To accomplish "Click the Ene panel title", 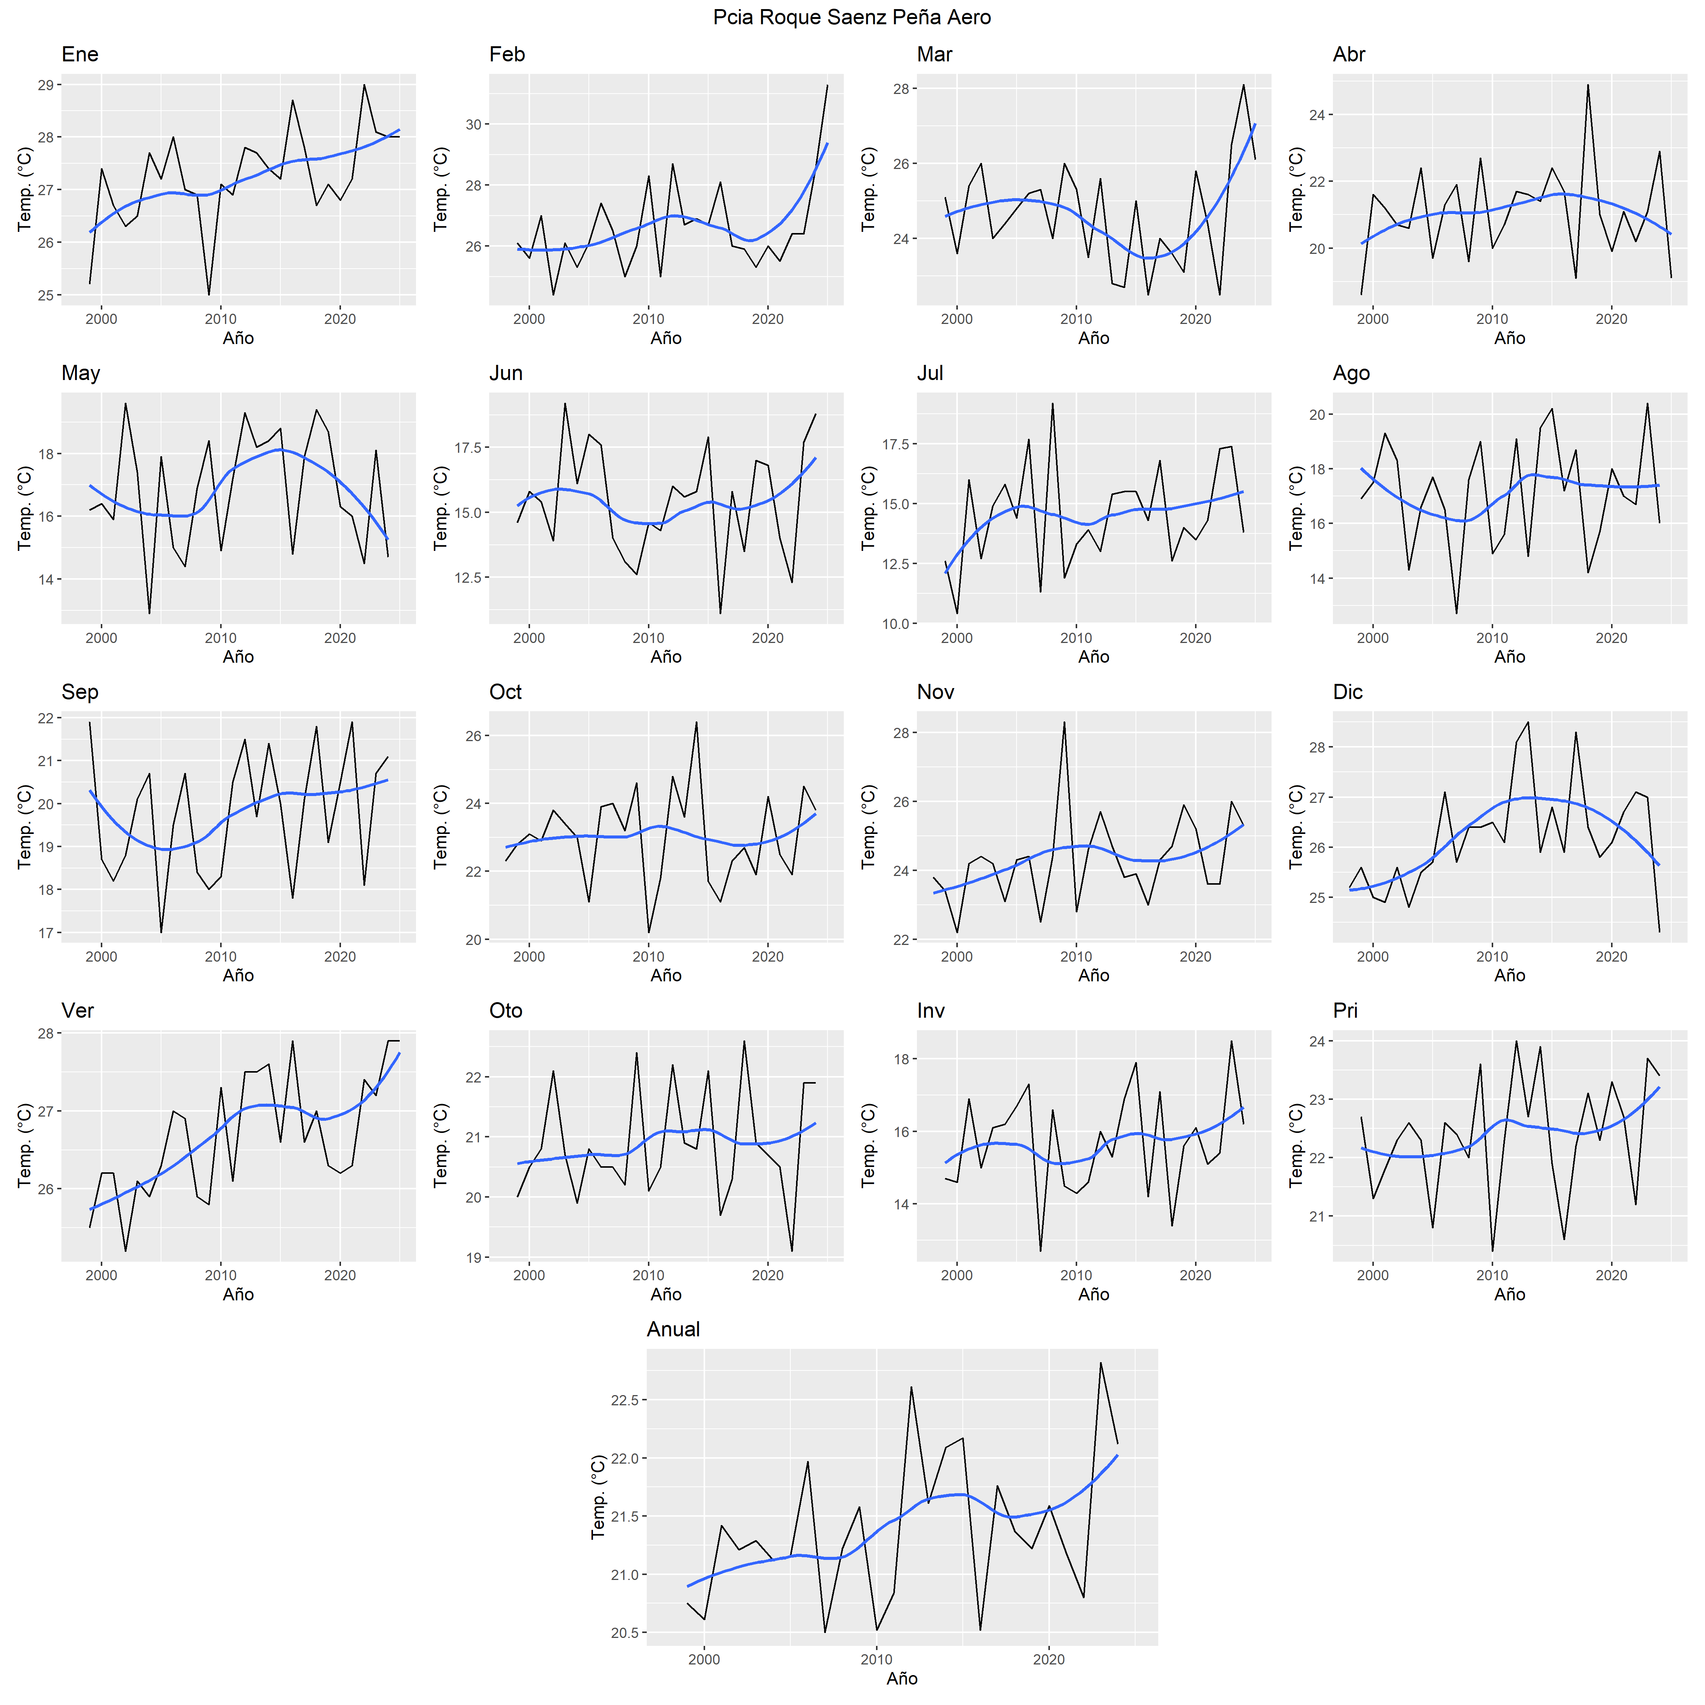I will pos(80,55).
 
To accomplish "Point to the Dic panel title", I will pos(1348,692).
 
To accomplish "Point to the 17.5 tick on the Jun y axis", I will pos(468,447).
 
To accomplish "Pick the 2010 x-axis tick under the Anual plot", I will pos(876,1659).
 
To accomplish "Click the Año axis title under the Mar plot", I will pos(1093,338).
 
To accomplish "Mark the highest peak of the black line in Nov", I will pos(1064,722).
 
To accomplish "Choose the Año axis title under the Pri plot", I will pos(1509,1294).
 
